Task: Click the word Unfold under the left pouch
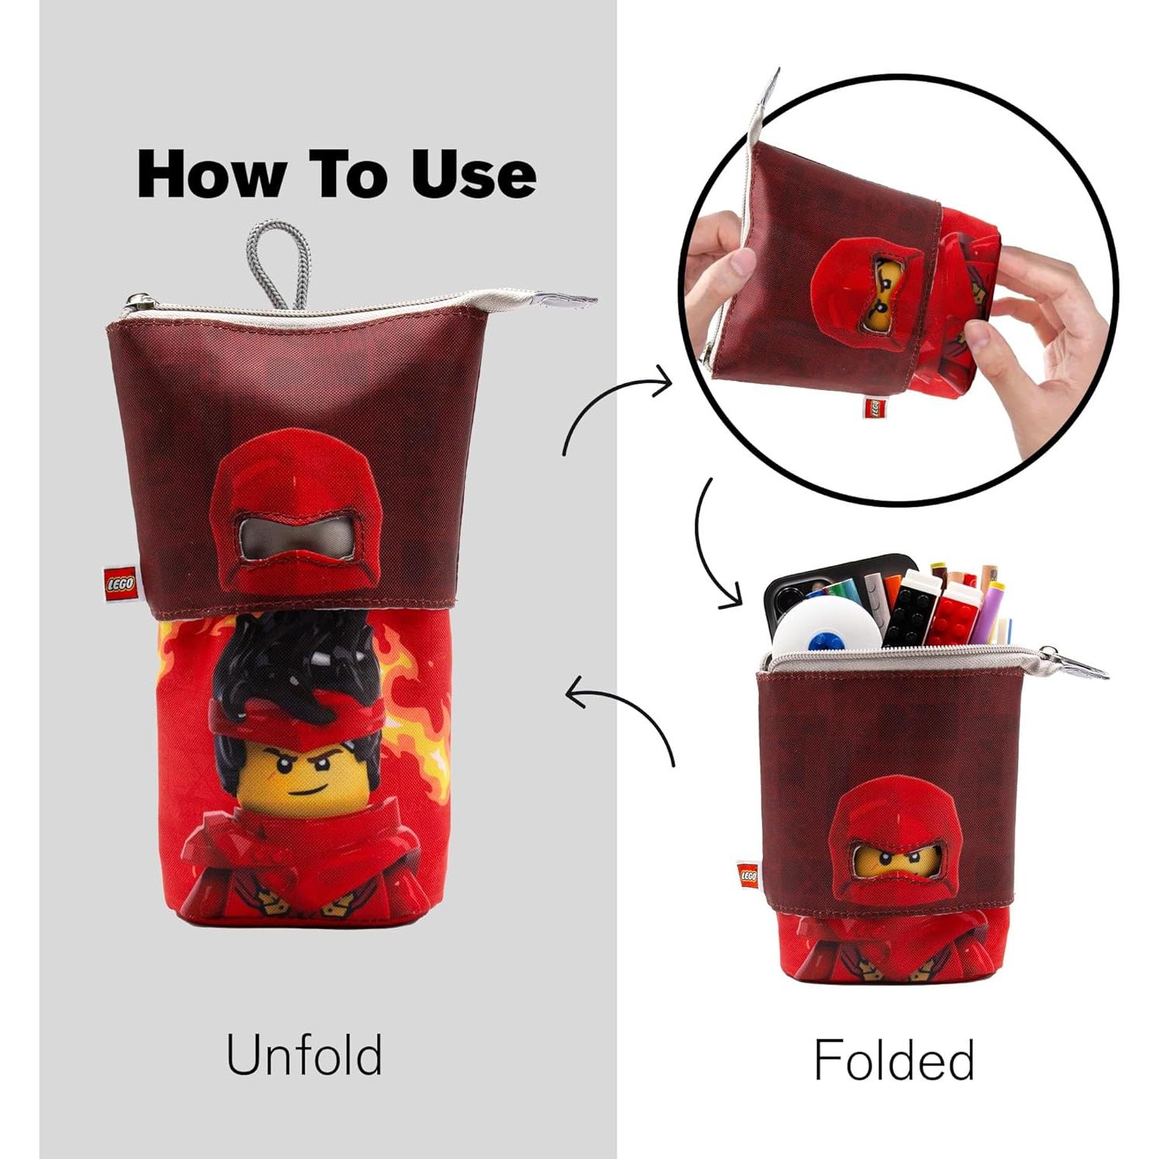tap(304, 1055)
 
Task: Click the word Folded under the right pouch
tap(894, 1059)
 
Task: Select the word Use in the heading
tap(473, 174)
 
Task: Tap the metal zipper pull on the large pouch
tap(568, 300)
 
